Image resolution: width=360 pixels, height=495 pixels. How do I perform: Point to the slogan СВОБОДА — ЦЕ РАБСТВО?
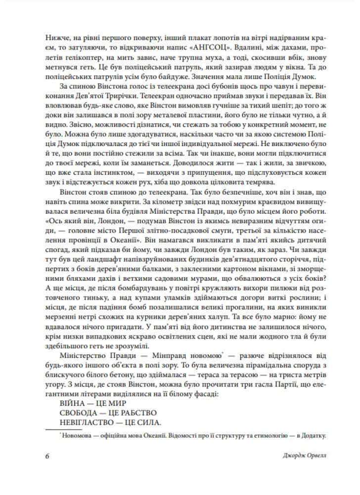tap(107, 413)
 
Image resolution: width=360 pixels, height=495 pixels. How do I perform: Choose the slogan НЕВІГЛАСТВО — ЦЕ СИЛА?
tap(110, 422)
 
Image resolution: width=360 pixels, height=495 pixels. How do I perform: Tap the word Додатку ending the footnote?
tap(313, 436)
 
